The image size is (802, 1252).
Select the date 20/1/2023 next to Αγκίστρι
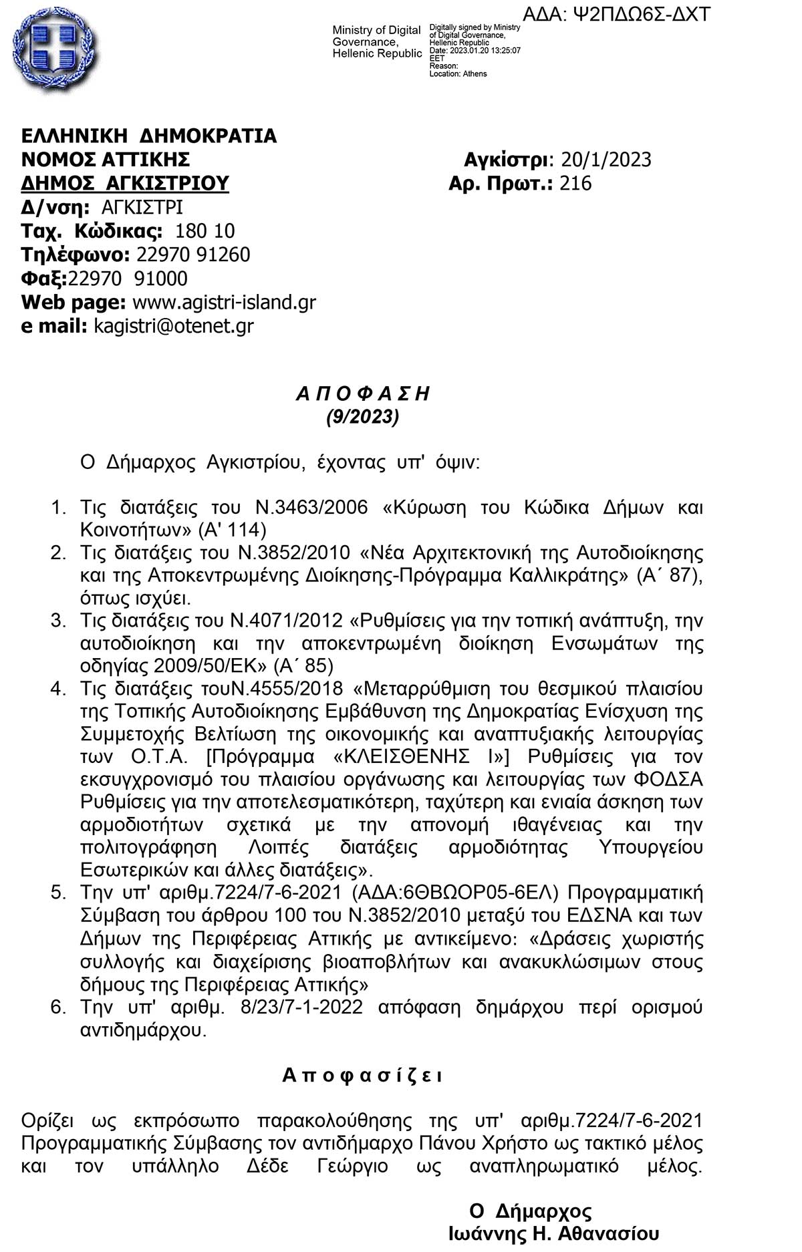[x=606, y=160]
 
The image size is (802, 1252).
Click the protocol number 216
[x=575, y=184]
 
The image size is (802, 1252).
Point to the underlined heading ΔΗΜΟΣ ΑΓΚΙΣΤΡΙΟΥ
[x=125, y=184]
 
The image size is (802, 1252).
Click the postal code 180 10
[x=205, y=231]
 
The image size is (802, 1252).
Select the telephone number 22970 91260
[x=193, y=255]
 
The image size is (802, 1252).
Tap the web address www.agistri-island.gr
[x=225, y=303]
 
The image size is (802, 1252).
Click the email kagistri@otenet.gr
[x=174, y=326]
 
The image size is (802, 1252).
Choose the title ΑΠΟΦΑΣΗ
[x=363, y=394]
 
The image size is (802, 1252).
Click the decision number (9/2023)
[x=363, y=418]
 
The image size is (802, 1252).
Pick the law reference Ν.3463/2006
[x=312, y=508]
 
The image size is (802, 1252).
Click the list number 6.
[x=58, y=1007]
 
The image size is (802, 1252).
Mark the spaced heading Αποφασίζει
[x=362, y=1076]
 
